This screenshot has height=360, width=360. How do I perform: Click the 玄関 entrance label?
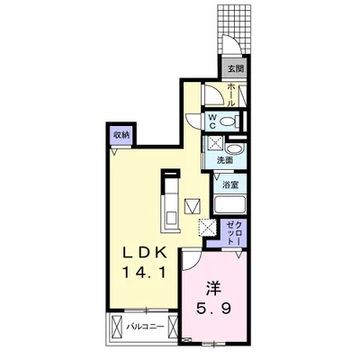click(x=235, y=68)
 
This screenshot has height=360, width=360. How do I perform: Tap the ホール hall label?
click(x=231, y=94)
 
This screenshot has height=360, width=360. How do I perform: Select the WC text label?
click(x=212, y=121)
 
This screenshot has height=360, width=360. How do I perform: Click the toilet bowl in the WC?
click(x=228, y=121)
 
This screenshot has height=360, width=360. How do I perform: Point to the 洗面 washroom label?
click(x=225, y=160)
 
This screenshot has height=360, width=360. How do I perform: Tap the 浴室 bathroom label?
click(x=230, y=185)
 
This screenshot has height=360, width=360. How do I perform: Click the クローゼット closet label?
click(x=234, y=232)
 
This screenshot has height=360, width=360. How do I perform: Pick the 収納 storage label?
click(x=121, y=135)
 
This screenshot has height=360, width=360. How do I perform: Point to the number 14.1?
click(x=144, y=273)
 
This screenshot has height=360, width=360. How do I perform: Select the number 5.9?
click(x=213, y=308)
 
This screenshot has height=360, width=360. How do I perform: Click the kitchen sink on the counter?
click(x=172, y=218)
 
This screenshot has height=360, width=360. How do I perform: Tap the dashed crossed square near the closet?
click(x=207, y=228)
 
